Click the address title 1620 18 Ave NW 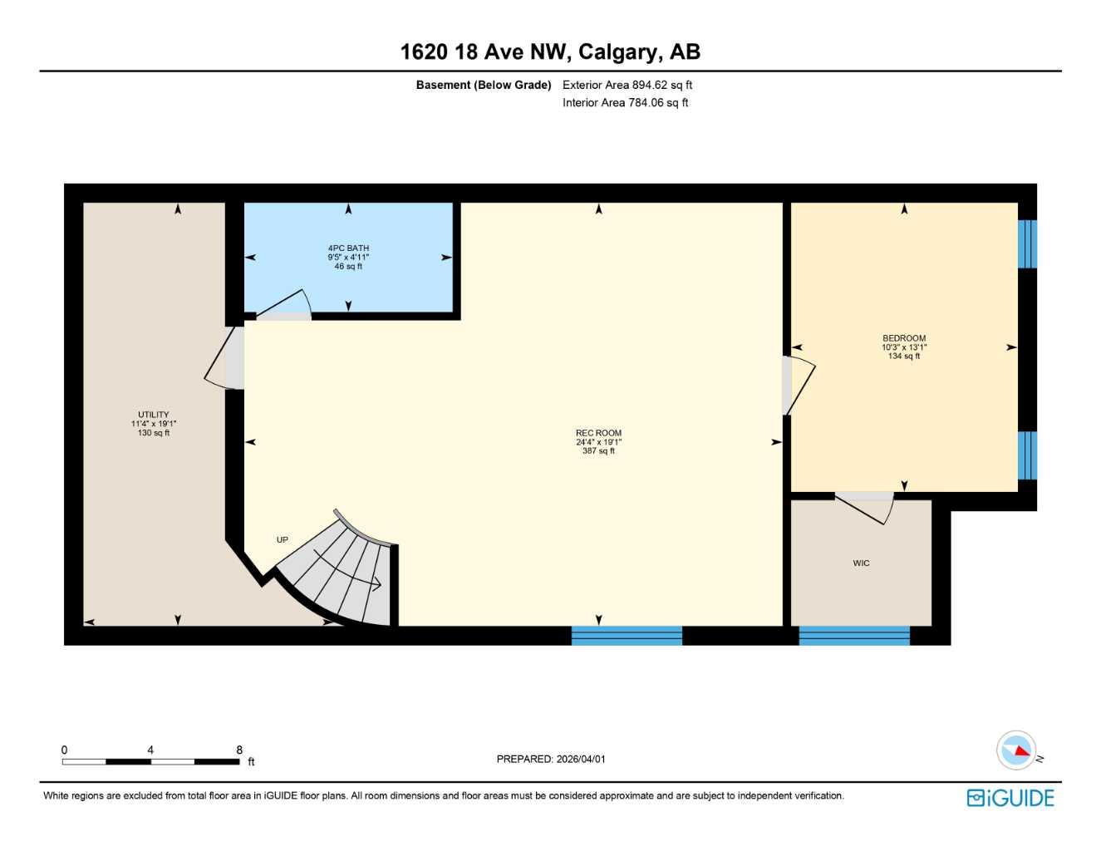549,52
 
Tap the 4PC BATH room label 348,248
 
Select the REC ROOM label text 598,433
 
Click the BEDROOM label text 903,338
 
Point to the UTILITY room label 154,415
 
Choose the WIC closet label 861,563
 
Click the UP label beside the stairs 283,540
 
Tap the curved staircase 345,573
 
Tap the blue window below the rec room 627,636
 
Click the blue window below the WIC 854,636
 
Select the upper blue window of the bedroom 1028,243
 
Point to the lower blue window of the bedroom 1028,455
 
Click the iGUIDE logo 1010,798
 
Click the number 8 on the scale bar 239,750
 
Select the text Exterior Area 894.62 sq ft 627,85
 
